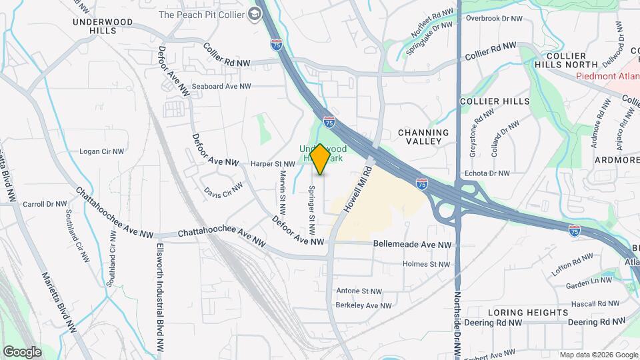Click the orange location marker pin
coord(320,159)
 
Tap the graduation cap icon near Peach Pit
coord(254,14)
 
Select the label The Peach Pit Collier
coord(201,14)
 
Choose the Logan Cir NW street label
coord(102,151)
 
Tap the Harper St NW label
coord(272,163)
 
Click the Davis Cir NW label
coord(223,191)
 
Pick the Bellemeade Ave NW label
coord(413,245)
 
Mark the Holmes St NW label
coord(427,264)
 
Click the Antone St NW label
coord(359,291)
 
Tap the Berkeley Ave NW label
coord(363,305)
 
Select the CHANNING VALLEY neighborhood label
coord(429,137)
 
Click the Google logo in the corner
coord(22,351)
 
